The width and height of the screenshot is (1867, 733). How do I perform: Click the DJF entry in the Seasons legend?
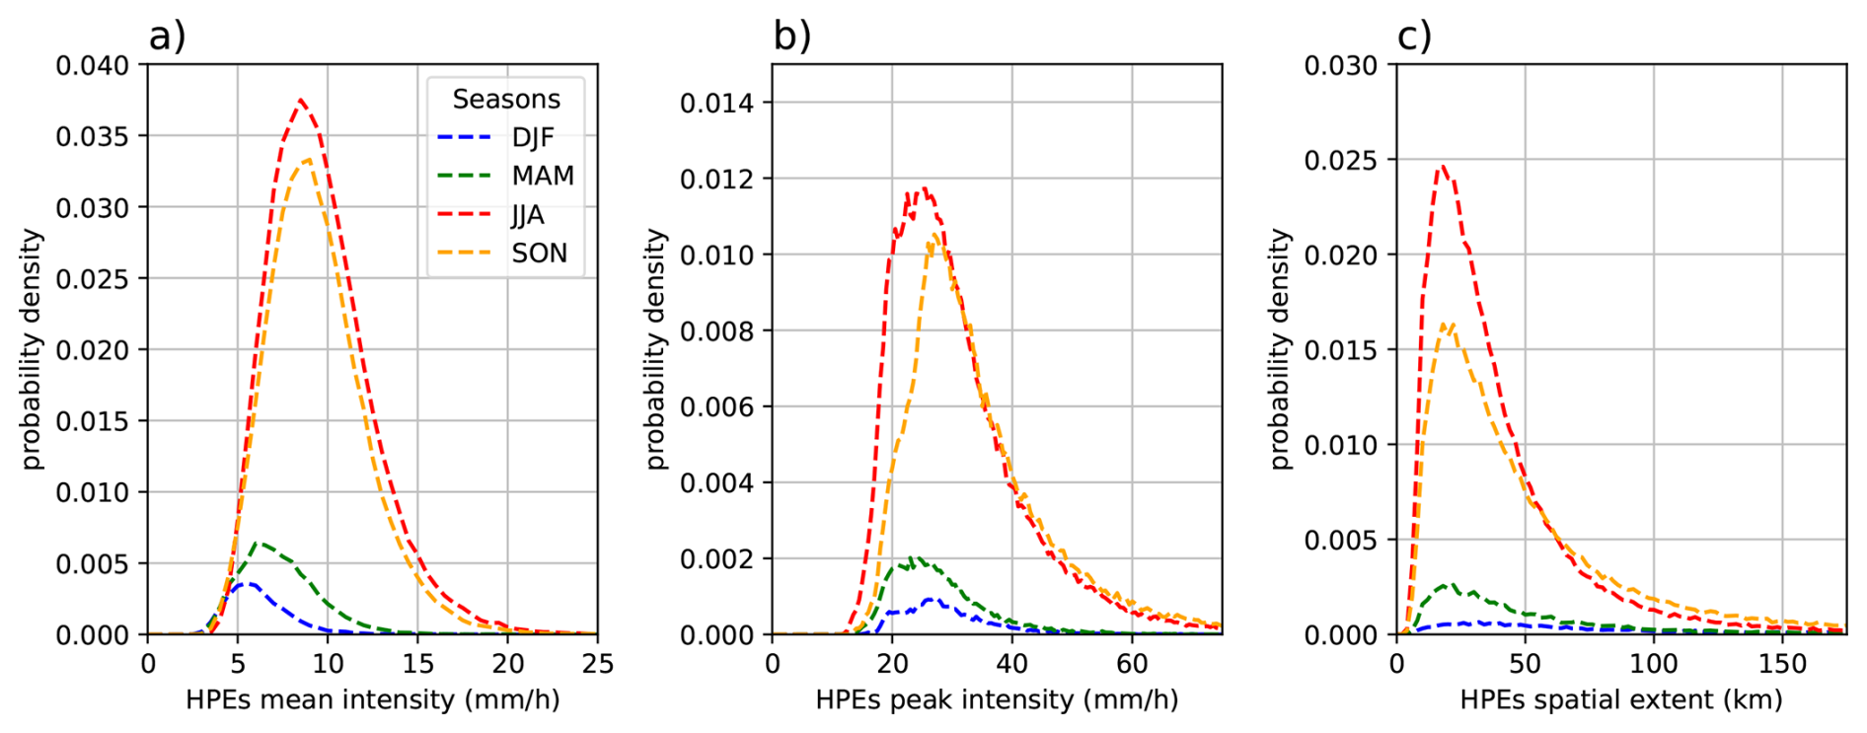point(532,137)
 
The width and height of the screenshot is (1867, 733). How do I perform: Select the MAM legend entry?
point(542,176)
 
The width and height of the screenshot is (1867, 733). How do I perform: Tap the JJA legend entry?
point(527,214)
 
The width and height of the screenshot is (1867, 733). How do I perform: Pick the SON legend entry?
point(539,254)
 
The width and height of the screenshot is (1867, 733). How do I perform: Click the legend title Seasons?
point(506,100)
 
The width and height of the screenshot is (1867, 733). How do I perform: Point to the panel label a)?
point(167,37)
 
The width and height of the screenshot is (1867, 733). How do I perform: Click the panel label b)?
point(791,37)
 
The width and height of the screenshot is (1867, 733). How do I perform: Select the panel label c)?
point(1414,37)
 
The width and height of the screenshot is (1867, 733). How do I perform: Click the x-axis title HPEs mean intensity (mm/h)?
point(372,699)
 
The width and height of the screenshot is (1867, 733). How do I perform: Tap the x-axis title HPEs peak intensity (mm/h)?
point(997,699)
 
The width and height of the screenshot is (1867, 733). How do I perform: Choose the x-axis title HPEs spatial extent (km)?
point(1620,699)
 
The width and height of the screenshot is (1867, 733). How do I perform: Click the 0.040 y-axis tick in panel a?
point(93,65)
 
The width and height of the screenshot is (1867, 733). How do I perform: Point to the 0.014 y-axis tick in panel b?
point(717,103)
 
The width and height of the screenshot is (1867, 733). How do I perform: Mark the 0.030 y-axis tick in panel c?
point(1341,65)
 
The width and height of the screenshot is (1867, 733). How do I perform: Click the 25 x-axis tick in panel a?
point(597,664)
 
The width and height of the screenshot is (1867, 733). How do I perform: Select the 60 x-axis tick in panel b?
point(1132,664)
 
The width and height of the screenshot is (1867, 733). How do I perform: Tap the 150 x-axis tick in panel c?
point(1782,664)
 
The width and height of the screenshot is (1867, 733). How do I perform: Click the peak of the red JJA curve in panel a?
point(301,100)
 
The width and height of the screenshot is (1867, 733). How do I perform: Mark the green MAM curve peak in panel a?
point(259,543)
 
